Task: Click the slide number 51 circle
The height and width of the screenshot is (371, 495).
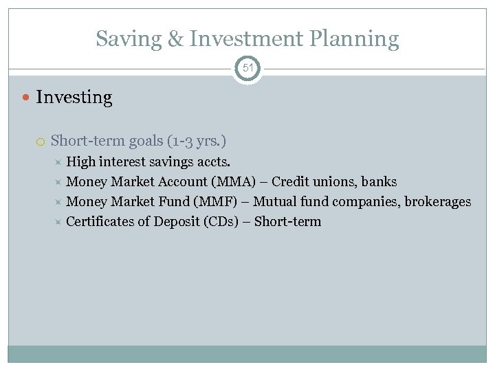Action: pyautogui.click(x=247, y=67)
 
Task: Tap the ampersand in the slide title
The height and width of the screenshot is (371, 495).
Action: pyautogui.click(x=176, y=39)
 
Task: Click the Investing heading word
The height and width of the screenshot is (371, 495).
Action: pyautogui.click(x=74, y=98)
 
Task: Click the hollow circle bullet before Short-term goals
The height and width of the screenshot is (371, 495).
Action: pyautogui.click(x=41, y=142)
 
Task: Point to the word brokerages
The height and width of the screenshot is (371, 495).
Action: pyautogui.click(x=438, y=202)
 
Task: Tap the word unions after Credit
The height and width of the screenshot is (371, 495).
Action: pyautogui.click(x=335, y=182)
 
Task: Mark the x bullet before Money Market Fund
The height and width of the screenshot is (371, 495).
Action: pyautogui.click(x=58, y=202)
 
